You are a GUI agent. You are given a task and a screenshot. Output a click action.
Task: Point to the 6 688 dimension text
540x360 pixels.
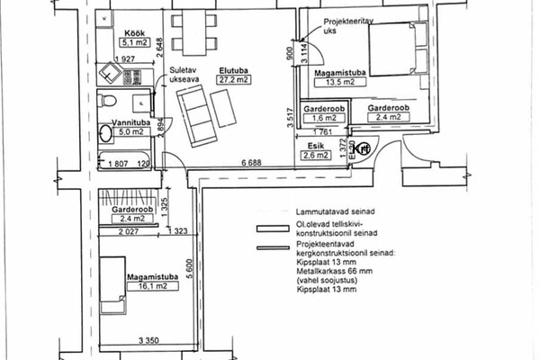(250, 162)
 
